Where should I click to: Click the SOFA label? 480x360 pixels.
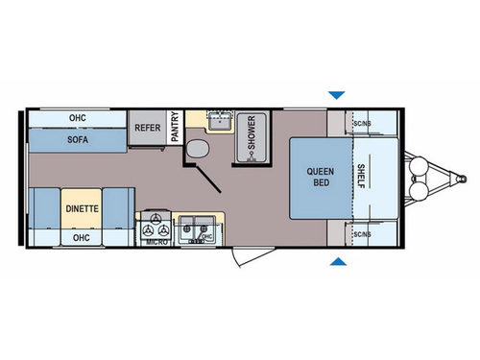[79, 138]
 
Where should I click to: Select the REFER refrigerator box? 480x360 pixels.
[147, 126]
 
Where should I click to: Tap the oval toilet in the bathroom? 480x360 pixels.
[197, 149]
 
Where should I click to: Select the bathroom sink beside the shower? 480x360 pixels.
[220, 120]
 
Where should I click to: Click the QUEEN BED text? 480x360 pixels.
[321, 178]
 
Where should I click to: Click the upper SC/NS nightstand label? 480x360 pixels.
[363, 123]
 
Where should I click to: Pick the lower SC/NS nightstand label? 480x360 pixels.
[363, 233]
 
